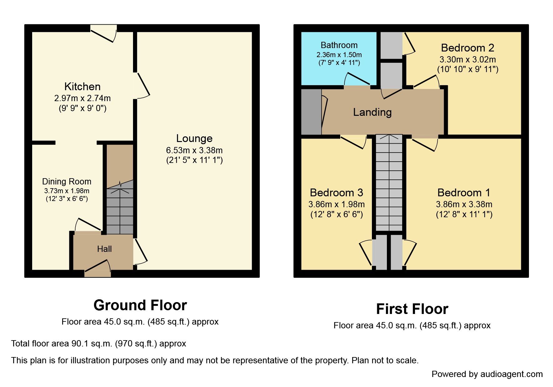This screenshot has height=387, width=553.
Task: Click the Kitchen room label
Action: pos(82,86)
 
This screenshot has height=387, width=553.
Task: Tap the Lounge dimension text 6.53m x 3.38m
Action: pos(194,150)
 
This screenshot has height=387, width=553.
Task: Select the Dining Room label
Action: pos(67,181)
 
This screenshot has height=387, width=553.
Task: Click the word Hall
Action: pos(104,249)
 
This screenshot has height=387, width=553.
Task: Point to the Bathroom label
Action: pos(339,45)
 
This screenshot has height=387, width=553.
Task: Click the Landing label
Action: pos(372,112)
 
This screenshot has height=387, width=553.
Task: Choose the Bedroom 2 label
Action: pos(467,48)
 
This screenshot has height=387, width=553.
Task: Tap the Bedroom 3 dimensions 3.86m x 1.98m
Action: pos(336,204)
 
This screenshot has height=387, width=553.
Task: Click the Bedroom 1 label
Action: pos(464,193)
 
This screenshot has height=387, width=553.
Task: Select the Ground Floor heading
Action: pos(140,305)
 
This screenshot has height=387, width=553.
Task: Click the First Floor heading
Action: pos(412,309)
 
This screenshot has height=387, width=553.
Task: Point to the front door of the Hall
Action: pos(97,268)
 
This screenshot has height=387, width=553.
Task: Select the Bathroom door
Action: pos(357,80)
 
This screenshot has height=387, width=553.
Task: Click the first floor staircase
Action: pos(389,183)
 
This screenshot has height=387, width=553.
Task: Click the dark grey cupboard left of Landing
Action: pos(311,112)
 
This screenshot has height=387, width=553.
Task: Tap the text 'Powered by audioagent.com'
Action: pos(487,374)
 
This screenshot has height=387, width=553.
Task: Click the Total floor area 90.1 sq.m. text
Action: pos(99,344)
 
